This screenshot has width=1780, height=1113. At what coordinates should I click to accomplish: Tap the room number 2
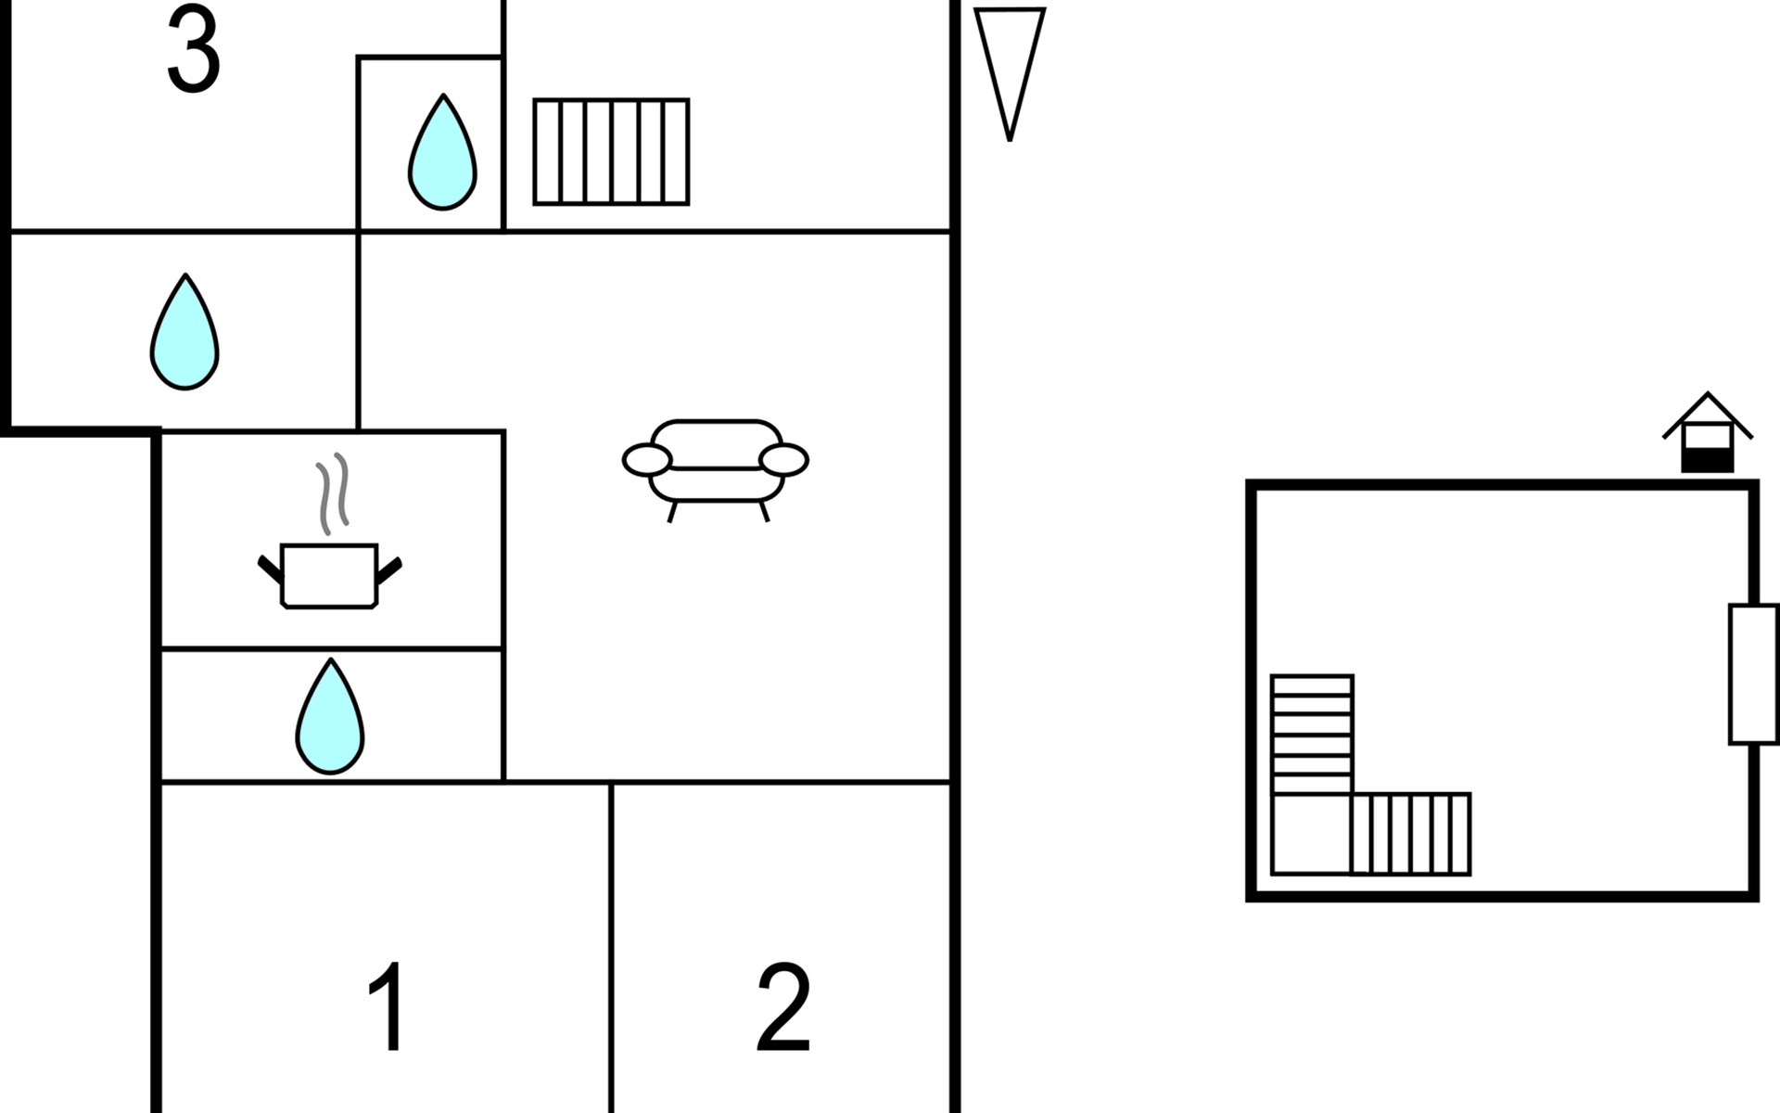[783, 1006]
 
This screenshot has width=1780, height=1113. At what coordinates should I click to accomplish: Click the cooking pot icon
[329, 575]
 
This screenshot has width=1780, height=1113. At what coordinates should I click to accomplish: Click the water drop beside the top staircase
[442, 153]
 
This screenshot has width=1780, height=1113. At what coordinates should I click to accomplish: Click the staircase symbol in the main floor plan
[611, 151]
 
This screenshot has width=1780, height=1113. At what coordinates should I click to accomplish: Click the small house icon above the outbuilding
[1708, 434]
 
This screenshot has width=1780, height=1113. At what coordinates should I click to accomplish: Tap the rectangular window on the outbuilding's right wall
[1753, 674]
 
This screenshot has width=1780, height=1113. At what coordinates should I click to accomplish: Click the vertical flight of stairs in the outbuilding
[1312, 734]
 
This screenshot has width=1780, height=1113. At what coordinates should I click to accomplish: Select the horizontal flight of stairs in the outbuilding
[1411, 834]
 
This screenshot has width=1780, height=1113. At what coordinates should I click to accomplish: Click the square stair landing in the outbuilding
[1312, 834]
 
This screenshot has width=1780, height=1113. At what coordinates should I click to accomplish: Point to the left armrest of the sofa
[647, 460]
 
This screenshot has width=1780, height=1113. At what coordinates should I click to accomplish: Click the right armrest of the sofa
[783, 460]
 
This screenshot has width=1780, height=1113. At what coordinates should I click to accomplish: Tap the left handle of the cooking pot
[270, 569]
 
